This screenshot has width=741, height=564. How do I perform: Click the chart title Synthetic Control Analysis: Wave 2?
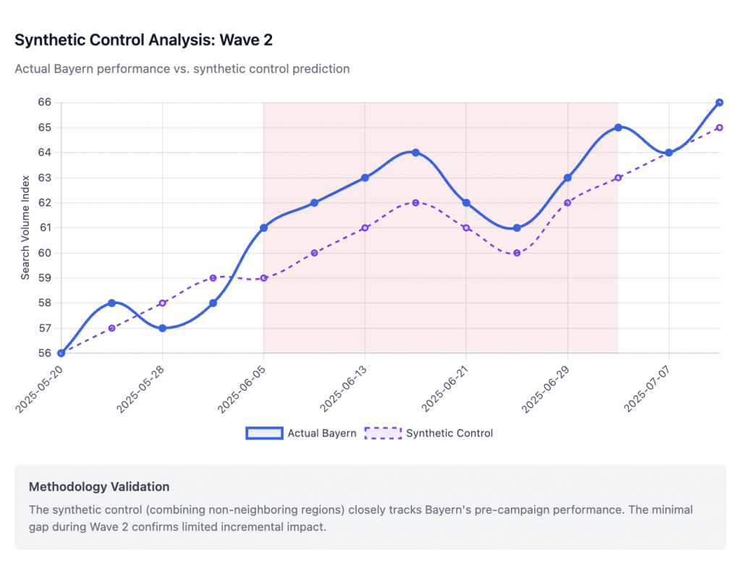143,40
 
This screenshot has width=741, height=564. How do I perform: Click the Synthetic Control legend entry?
429,433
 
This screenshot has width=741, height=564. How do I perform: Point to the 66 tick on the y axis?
44,103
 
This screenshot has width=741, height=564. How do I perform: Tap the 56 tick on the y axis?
44,353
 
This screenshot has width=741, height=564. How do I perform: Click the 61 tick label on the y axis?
44,228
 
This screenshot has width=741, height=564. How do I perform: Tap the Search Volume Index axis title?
25,227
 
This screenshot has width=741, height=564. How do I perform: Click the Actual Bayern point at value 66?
719,103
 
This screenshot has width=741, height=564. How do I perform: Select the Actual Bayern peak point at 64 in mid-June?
415,153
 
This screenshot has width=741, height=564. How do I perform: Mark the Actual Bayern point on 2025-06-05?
263,228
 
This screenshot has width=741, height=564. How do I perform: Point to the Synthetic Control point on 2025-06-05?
263,278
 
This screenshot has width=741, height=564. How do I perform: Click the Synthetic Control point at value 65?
719,127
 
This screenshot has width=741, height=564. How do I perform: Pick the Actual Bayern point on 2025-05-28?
162,328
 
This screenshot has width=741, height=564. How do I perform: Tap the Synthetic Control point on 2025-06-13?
365,228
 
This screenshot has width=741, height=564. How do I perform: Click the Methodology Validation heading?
99,487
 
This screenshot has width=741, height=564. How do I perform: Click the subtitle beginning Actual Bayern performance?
182,69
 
